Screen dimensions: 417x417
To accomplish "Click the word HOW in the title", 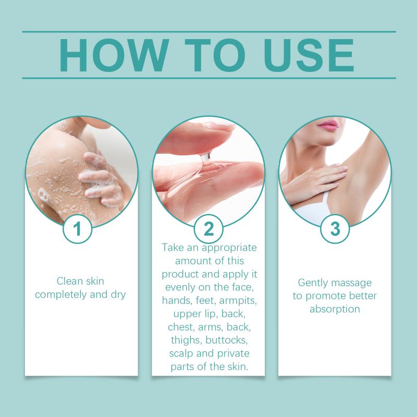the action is point(114,55).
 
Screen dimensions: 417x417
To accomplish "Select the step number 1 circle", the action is point(77,229).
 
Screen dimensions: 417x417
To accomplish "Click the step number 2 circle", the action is point(208,229).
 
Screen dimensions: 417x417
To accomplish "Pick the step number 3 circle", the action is point(335,229).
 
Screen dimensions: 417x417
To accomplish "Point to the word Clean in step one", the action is point(67,281).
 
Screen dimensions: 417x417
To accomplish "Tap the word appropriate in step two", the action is point(229,248).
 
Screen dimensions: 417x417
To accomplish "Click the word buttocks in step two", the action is point(227,340).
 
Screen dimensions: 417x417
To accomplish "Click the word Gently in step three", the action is point(312,283).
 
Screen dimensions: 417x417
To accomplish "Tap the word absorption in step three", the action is point(335,309).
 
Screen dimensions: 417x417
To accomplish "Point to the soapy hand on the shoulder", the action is point(101,179).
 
